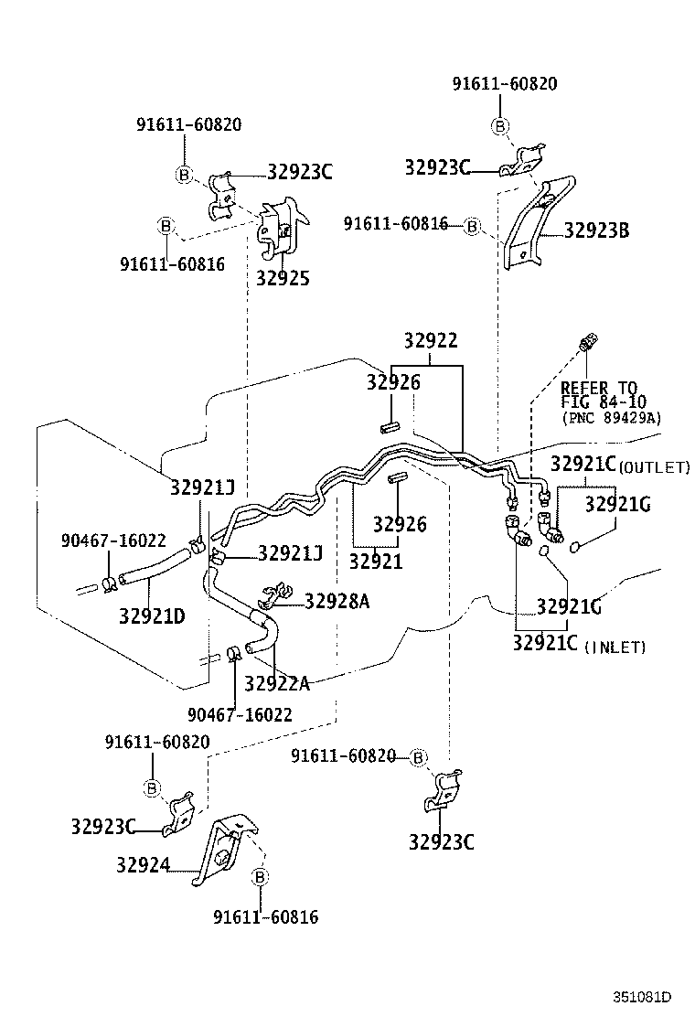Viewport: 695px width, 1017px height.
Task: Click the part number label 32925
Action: tap(283, 278)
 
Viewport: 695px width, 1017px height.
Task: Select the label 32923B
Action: tap(596, 230)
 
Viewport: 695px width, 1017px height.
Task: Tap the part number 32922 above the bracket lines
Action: tap(431, 340)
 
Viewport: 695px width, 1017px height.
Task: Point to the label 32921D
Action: tap(152, 616)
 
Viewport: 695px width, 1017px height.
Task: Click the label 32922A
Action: tap(277, 683)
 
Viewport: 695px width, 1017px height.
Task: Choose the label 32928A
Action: tap(337, 601)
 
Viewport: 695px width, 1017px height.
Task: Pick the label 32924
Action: tap(144, 864)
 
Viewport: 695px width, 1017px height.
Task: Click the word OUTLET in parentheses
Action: tap(655, 467)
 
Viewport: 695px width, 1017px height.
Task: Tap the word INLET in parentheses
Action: tap(615, 648)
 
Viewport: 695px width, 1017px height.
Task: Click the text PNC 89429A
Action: tap(612, 418)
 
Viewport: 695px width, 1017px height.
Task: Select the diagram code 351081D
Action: tap(642, 997)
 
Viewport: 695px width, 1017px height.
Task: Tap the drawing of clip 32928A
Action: tap(277, 594)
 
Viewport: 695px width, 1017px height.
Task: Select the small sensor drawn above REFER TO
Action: tap(587, 341)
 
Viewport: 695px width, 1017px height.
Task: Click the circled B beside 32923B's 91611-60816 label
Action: tap(473, 227)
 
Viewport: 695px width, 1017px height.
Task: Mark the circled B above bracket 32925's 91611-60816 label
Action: tap(166, 226)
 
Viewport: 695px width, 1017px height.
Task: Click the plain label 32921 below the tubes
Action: tap(376, 561)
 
